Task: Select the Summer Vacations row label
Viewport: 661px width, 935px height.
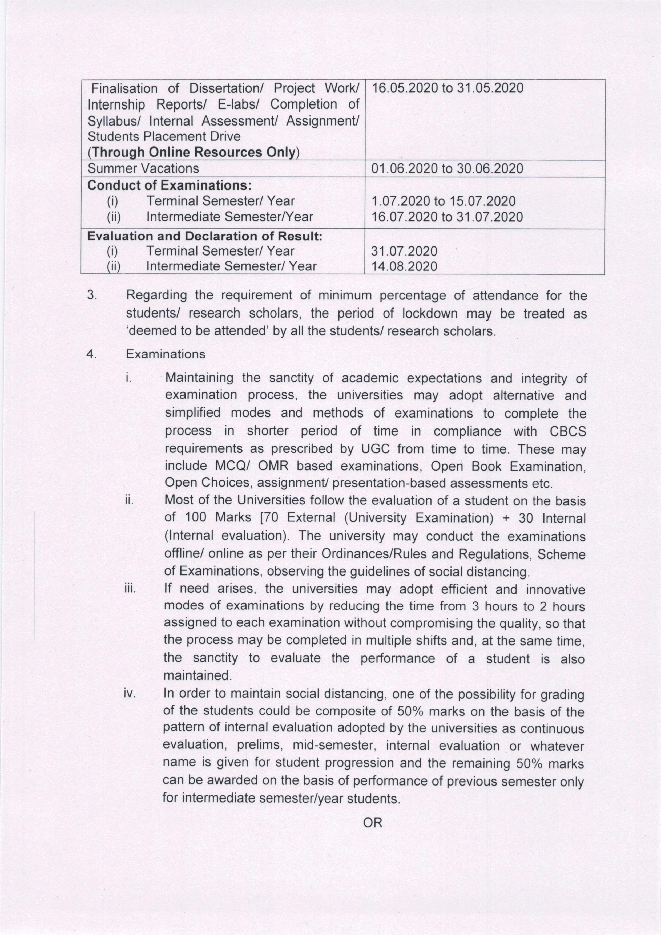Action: (x=143, y=169)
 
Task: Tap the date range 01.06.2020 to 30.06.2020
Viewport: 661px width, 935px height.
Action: (x=447, y=169)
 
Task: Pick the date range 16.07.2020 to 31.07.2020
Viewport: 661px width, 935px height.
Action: (x=447, y=217)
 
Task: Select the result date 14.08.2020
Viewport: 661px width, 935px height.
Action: (x=404, y=266)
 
